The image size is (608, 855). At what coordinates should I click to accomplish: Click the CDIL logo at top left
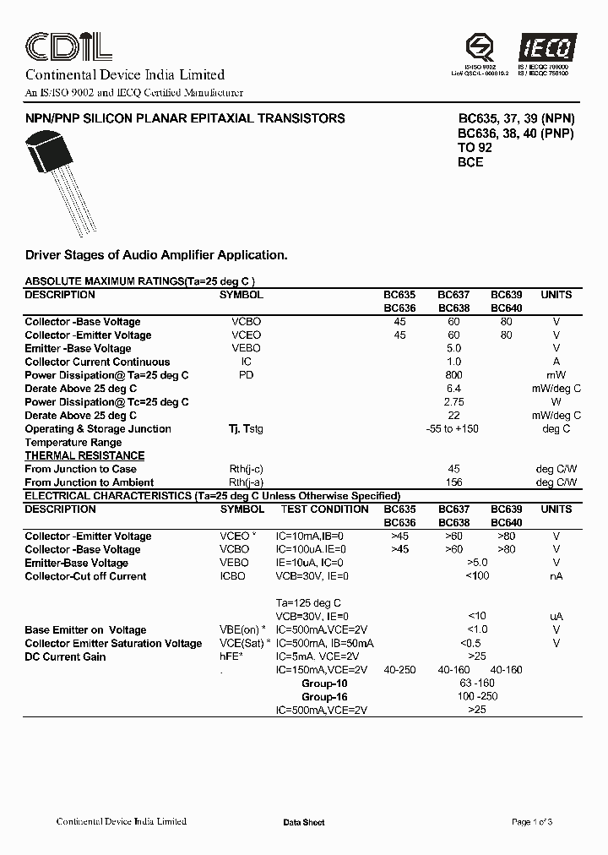point(68,44)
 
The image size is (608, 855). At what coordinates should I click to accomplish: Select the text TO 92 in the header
point(475,148)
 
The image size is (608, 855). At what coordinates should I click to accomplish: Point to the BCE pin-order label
point(470,161)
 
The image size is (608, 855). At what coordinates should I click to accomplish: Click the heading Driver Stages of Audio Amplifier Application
point(156,254)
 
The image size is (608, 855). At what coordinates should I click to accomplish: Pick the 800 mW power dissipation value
point(453,375)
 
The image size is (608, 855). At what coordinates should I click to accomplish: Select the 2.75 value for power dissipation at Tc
point(453,402)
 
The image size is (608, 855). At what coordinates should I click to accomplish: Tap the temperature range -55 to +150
point(453,429)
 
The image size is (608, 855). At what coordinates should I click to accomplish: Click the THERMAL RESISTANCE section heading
point(84,455)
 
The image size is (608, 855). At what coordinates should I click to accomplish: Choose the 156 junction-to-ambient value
point(453,482)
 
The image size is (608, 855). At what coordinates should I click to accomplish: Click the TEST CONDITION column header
point(324,509)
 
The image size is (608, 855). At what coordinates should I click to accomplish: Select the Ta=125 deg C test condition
point(308,603)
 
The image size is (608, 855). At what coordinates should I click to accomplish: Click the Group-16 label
point(324,697)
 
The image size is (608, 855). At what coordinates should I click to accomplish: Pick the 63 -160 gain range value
point(477,683)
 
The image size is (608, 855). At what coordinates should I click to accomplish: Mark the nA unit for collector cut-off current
point(556,576)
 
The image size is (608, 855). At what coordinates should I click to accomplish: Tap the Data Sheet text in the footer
point(303,822)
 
